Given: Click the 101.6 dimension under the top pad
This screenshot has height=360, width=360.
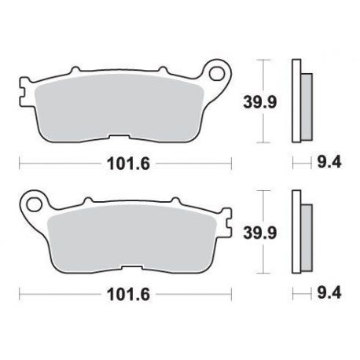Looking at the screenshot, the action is click(x=128, y=164).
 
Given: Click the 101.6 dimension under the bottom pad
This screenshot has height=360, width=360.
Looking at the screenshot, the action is click(x=128, y=295).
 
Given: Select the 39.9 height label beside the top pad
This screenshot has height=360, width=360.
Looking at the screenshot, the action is click(x=259, y=102).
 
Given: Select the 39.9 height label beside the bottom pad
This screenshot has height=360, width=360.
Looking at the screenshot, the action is click(x=259, y=233).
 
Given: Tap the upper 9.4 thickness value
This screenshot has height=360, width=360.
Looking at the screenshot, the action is click(x=329, y=163).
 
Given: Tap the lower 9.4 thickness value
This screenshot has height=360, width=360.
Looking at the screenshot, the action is click(x=329, y=293).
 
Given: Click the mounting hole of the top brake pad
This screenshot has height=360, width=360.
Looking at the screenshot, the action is click(x=218, y=73).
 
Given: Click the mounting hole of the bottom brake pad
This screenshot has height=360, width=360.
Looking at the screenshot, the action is click(x=34, y=204).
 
